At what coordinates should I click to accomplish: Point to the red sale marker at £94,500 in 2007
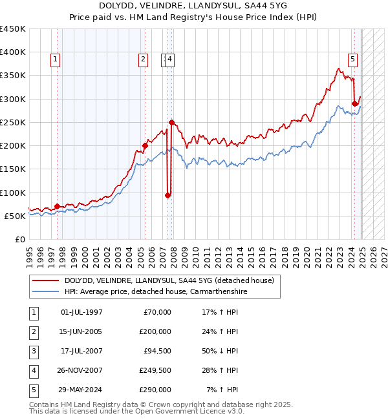pos(167,195)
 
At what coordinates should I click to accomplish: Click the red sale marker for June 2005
pos(145,146)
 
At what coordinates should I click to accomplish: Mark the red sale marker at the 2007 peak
pos(171,122)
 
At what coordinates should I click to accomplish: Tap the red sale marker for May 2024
pos(354,103)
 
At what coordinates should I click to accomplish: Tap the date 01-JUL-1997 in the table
pos(81,312)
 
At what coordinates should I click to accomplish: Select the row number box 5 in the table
pos(32,390)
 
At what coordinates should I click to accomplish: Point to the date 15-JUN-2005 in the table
pos(81,331)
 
